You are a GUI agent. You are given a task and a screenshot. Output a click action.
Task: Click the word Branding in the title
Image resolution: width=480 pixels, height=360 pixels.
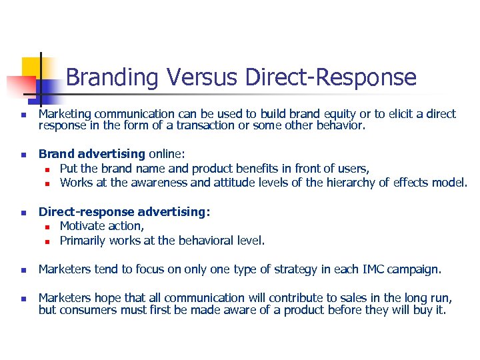pyautogui.click(x=112, y=78)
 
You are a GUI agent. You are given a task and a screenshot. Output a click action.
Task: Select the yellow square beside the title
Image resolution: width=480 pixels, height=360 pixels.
pyautogui.click(x=31, y=67)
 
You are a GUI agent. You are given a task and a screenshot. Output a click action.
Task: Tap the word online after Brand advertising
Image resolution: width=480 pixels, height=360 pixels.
pyautogui.click(x=166, y=154)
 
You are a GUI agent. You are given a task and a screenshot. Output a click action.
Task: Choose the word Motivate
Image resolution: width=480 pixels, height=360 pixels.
pyautogui.click(x=83, y=226)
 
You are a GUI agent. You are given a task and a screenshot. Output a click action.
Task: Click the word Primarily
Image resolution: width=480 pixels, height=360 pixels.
pyautogui.click(x=83, y=240)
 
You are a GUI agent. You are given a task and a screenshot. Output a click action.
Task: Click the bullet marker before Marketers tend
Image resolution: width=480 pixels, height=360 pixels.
pyautogui.click(x=23, y=271)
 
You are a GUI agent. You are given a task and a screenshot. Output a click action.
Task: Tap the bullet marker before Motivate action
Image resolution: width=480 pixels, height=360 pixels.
pyautogui.click(x=49, y=227)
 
